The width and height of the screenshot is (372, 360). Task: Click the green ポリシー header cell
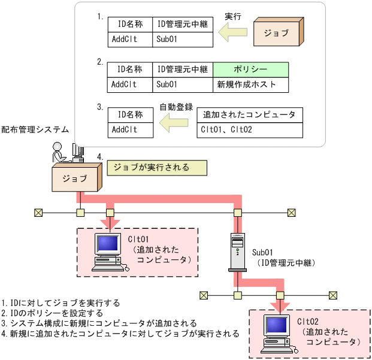coord(250,69)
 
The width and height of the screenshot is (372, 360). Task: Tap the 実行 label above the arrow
coord(232,16)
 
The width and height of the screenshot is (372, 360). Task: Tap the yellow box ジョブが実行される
coord(157,168)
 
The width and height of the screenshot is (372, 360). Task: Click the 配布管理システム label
coord(35,129)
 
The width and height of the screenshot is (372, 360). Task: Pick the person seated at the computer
coord(60,152)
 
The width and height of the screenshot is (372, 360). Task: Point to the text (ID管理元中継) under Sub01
coord(285,263)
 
